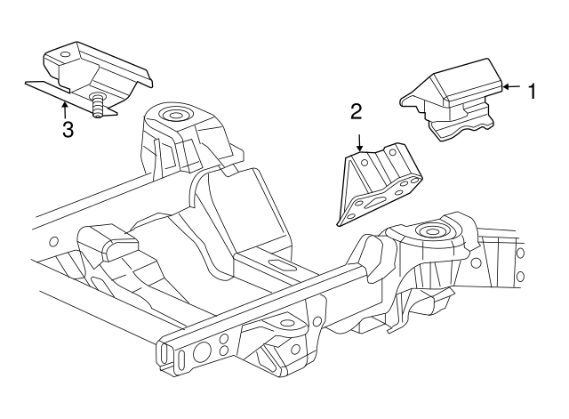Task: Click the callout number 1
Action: [532, 90]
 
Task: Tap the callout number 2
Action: [357, 112]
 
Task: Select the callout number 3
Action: [67, 130]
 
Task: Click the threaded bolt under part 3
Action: [99, 106]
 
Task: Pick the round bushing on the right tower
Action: [434, 233]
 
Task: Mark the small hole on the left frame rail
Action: [53, 242]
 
